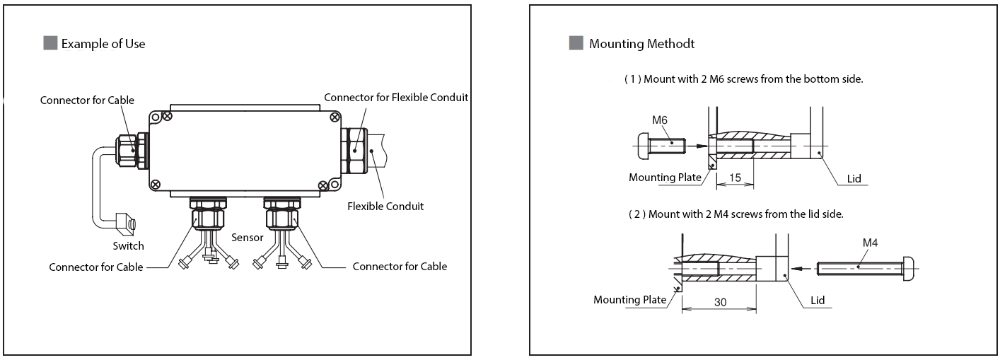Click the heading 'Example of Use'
[103, 44]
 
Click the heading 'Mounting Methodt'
[641, 44]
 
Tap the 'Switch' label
[128, 246]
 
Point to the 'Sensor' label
[247, 238]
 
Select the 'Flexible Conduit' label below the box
[385, 207]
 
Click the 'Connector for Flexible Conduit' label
[396, 97]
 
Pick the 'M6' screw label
[660, 120]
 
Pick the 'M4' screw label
[871, 243]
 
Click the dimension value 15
[735, 178]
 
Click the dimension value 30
[720, 301]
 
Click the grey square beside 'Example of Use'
[50, 44]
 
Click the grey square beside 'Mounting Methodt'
[576, 44]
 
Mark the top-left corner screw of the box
[167, 115]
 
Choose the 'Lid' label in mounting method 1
[854, 179]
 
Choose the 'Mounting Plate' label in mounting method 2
[629, 299]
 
